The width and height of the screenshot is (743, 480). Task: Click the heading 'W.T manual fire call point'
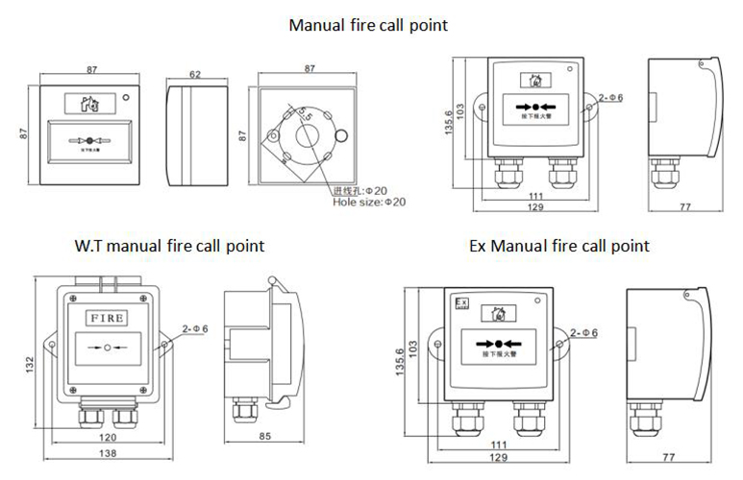(x=169, y=247)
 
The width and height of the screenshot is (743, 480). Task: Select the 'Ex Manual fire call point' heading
(x=558, y=247)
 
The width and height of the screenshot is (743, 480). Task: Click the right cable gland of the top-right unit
(x=561, y=173)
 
